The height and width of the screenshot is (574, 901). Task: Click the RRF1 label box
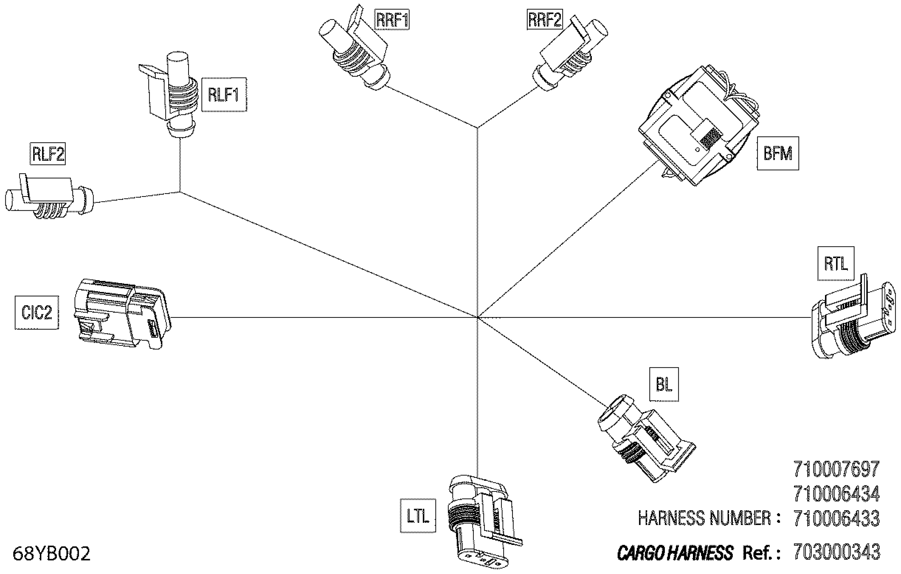pyautogui.click(x=392, y=20)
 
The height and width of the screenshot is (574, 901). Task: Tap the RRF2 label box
pyautogui.click(x=544, y=20)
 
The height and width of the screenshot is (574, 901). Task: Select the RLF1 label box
pyautogui.click(x=224, y=94)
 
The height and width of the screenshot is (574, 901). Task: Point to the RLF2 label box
pyautogui.click(x=48, y=154)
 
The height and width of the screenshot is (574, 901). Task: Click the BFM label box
pyautogui.click(x=778, y=153)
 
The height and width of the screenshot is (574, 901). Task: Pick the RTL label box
pyautogui.click(x=835, y=264)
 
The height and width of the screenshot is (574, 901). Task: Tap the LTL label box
pyautogui.click(x=418, y=516)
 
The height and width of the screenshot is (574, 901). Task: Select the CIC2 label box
pyautogui.click(x=37, y=312)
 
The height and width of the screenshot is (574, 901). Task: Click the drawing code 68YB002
pyautogui.click(x=52, y=553)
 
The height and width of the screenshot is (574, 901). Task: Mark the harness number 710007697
pyautogui.click(x=836, y=469)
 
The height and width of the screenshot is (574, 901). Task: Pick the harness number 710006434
pyautogui.click(x=836, y=494)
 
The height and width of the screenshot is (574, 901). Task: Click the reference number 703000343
pyautogui.click(x=836, y=552)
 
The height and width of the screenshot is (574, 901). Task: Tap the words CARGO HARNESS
pyautogui.click(x=675, y=553)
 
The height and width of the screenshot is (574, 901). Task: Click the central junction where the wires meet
pyautogui.click(x=477, y=317)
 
